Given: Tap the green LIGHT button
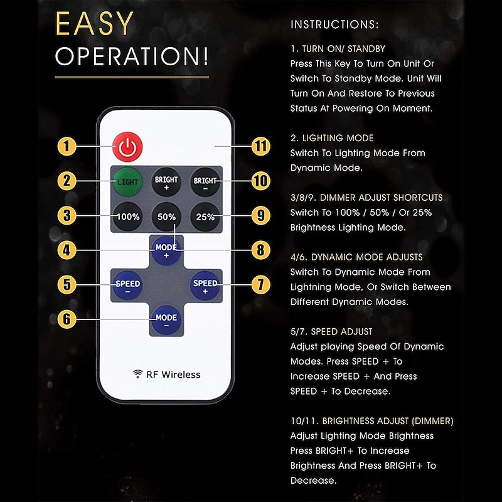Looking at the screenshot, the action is [127, 181].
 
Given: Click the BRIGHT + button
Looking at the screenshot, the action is [166, 182].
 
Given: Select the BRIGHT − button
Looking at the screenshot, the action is [205, 182].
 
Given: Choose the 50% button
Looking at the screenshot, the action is [166, 216].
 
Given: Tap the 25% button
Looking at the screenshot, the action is [205, 216].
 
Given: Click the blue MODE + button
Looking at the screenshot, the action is [166, 250].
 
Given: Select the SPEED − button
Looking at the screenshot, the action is [127, 285].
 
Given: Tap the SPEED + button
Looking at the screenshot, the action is [205, 285].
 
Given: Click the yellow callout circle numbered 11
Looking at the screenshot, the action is [260, 146].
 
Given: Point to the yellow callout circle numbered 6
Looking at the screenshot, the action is [67, 319].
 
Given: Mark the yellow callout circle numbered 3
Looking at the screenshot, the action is [67, 215].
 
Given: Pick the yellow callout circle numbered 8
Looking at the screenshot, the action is [260, 250].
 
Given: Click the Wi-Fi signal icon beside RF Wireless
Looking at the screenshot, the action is [137, 374].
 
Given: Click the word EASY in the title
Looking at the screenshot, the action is [95, 23].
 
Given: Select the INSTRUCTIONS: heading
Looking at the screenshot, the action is [334, 24].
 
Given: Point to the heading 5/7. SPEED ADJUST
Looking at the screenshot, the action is [331, 332].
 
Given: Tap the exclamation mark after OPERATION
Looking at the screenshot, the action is [205, 56].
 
